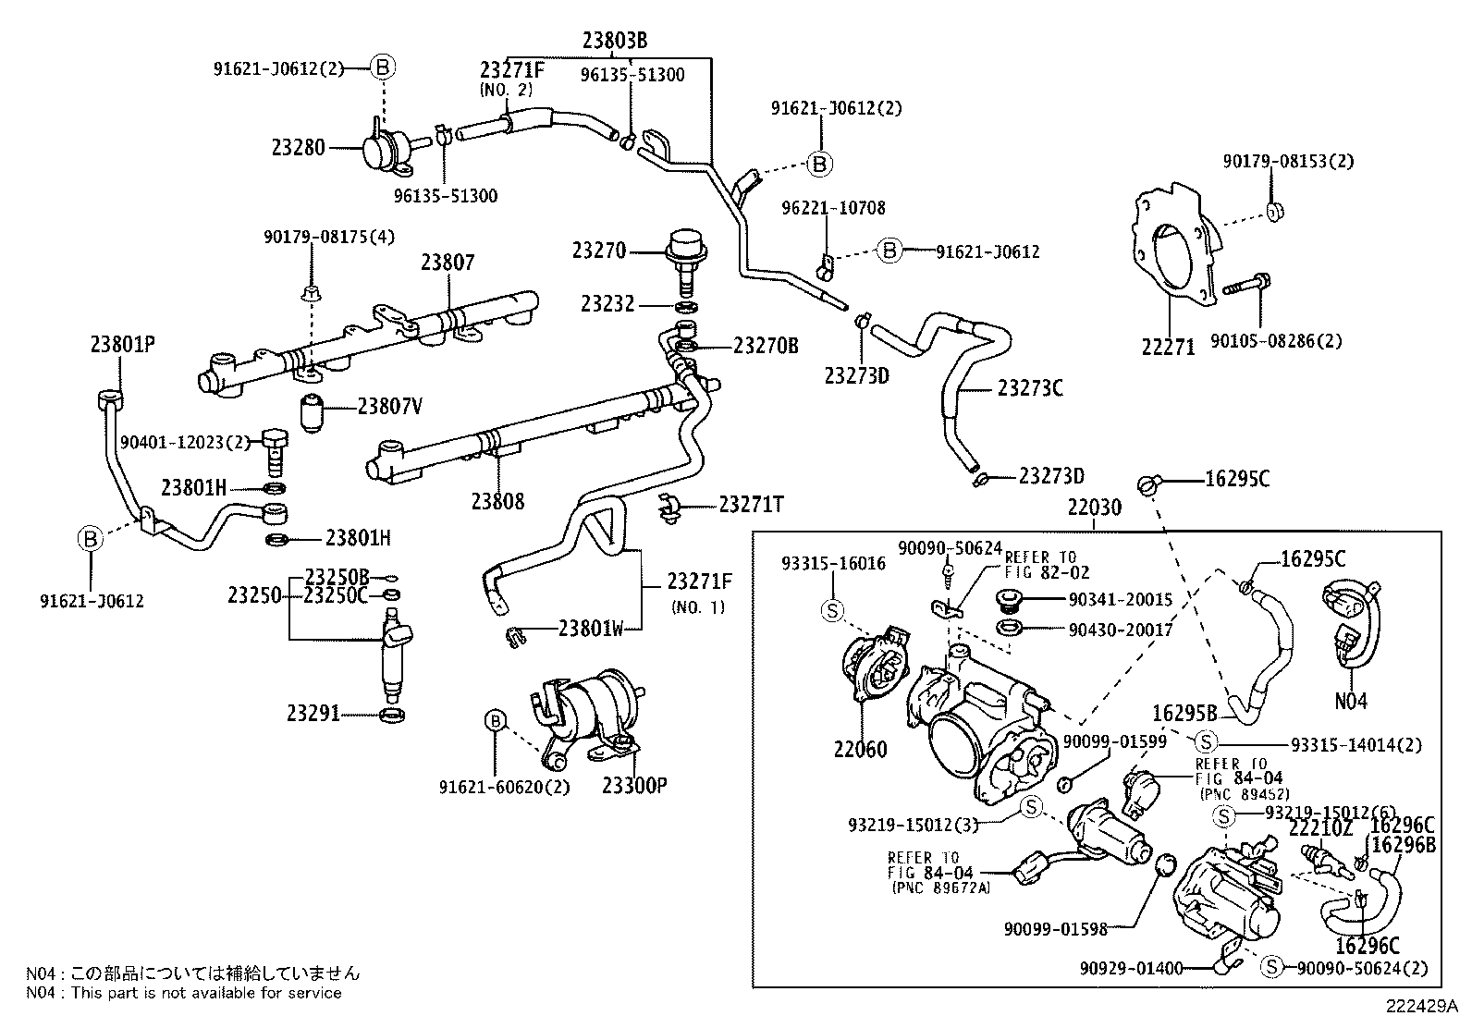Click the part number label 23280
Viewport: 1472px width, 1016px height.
point(299,148)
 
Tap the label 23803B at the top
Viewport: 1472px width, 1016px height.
point(615,41)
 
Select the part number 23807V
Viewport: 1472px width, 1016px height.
point(389,407)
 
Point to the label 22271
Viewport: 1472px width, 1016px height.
point(1168,347)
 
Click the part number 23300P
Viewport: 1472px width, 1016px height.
point(635,785)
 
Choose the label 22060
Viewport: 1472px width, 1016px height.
point(860,749)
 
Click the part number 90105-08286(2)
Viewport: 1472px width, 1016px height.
point(1276,341)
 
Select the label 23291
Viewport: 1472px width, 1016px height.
point(313,713)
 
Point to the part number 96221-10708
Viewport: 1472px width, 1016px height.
point(833,208)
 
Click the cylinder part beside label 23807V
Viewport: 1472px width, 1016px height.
point(313,412)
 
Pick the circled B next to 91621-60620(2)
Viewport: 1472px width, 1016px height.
point(496,721)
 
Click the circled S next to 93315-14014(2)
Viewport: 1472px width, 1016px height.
point(1205,742)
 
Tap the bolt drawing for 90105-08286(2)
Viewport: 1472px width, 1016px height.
point(1246,286)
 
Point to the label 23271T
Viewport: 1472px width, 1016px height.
point(751,505)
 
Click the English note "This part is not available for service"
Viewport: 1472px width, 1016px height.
point(206,993)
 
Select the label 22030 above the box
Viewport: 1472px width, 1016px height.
point(1094,508)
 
